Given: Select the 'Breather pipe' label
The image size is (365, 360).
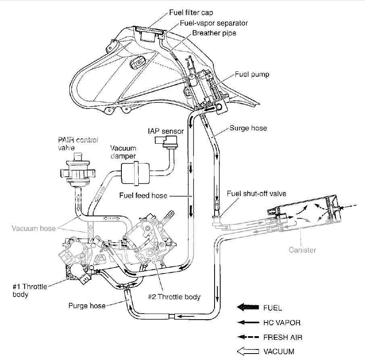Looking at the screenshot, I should click(x=214, y=33).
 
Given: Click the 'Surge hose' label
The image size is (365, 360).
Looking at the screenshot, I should click(x=248, y=129).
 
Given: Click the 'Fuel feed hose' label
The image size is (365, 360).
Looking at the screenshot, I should click(x=143, y=196).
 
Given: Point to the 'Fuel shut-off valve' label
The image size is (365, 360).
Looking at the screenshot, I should click(x=257, y=194).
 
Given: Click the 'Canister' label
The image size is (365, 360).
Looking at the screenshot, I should click(x=302, y=250).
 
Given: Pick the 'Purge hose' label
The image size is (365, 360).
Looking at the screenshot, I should click(x=87, y=306).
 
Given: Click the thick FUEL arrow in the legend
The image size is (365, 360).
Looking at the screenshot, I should click(x=248, y=308).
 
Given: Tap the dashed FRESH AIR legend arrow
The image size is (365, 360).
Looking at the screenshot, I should click(x=248, y=337).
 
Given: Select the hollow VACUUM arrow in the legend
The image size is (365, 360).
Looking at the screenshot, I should click(x=248, y=351).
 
